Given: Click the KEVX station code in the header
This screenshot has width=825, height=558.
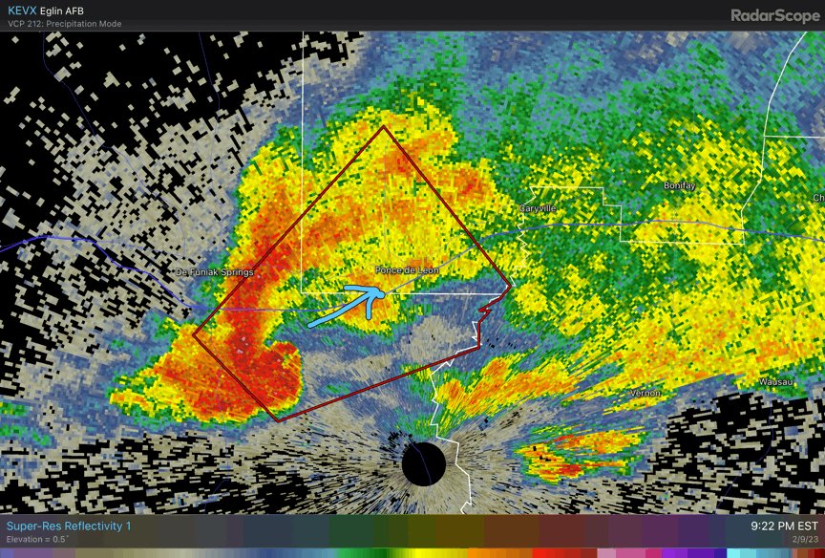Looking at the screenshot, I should click(x=23, y=10).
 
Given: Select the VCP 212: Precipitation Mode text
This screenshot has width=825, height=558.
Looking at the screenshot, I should click(x=65, y=24).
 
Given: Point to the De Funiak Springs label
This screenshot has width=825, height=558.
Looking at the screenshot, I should click(x=215, y=272).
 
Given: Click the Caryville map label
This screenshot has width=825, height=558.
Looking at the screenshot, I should click(x=538, y=207).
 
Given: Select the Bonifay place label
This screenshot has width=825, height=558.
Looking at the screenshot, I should click(x=680, y=184).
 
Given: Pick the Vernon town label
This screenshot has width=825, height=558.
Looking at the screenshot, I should click(x=645, y=393).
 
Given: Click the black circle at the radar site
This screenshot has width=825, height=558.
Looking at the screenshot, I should click(x=424, y=463).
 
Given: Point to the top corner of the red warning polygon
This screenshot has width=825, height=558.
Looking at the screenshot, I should click(x=383, y=127).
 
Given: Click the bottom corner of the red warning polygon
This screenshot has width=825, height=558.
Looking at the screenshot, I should click(x=278, y=420).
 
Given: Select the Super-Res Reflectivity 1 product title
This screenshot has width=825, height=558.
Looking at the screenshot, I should click(x=69, y=526).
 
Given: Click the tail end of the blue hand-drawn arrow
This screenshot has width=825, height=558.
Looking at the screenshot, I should click(x=310, y=324).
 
